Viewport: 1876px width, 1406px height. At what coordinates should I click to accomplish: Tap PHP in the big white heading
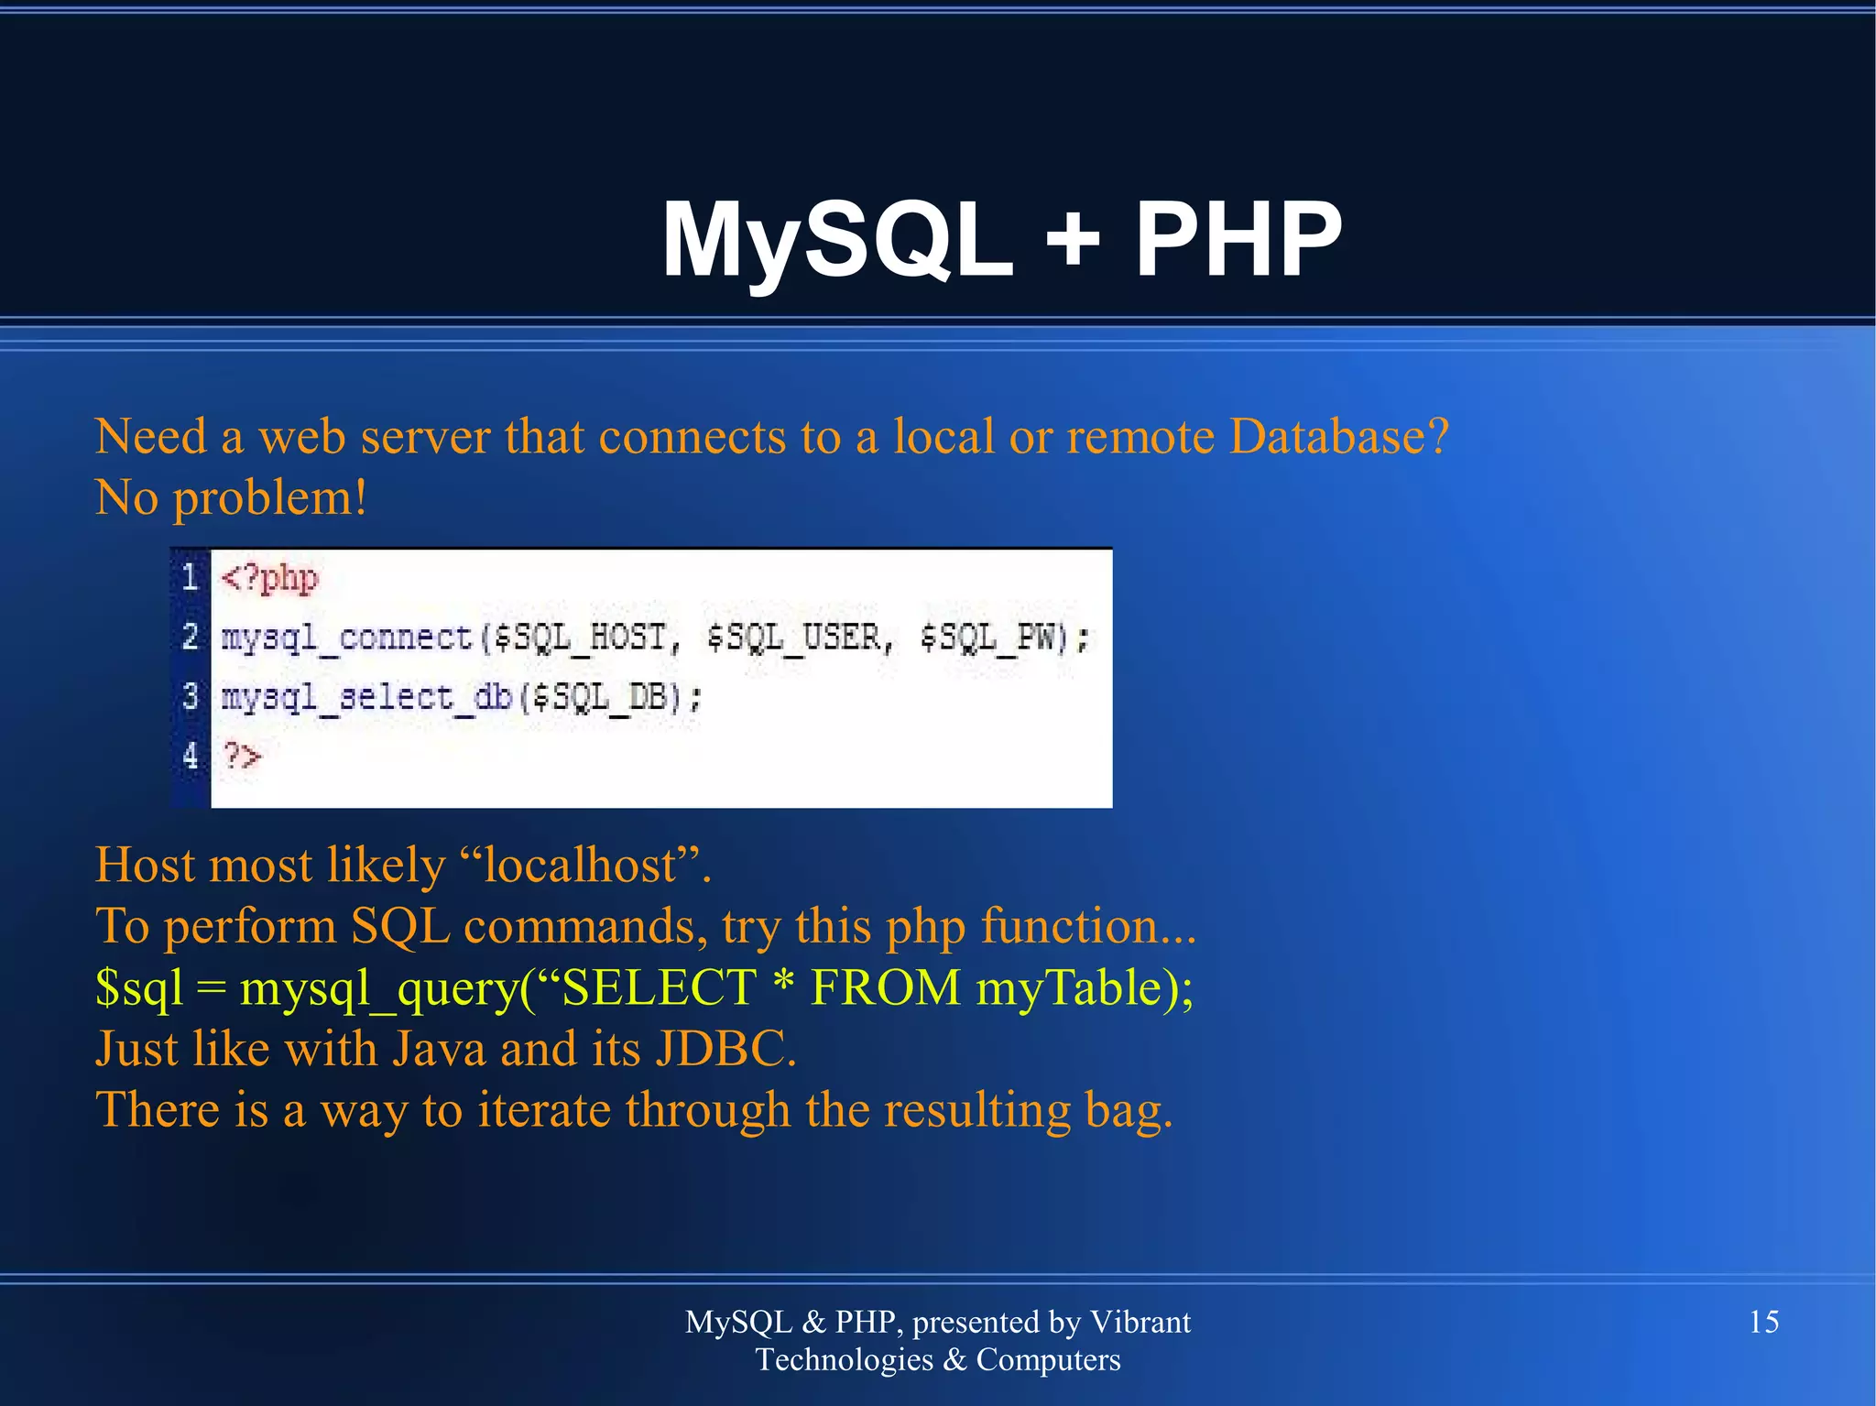1238,240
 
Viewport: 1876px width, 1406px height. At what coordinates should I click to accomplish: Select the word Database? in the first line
1338,437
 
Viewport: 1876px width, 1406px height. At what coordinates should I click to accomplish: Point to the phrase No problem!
231,498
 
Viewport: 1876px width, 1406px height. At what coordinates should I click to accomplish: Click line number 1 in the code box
190,577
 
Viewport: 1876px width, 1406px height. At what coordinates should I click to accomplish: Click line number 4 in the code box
190,756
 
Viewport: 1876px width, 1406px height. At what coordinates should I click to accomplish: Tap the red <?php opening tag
269,579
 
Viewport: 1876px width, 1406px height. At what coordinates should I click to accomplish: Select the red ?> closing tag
243,757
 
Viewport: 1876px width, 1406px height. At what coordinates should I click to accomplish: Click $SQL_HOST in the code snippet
579,638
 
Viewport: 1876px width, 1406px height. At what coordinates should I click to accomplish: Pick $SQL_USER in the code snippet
793,638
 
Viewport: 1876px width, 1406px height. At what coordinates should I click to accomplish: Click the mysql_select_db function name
365,698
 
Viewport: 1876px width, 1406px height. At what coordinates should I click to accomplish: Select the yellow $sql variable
138,989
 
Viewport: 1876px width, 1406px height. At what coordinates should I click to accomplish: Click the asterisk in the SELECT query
782,986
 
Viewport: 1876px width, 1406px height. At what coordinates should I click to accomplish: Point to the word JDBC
725,1050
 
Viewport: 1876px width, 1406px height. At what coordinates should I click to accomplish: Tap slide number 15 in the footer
1763,1322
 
